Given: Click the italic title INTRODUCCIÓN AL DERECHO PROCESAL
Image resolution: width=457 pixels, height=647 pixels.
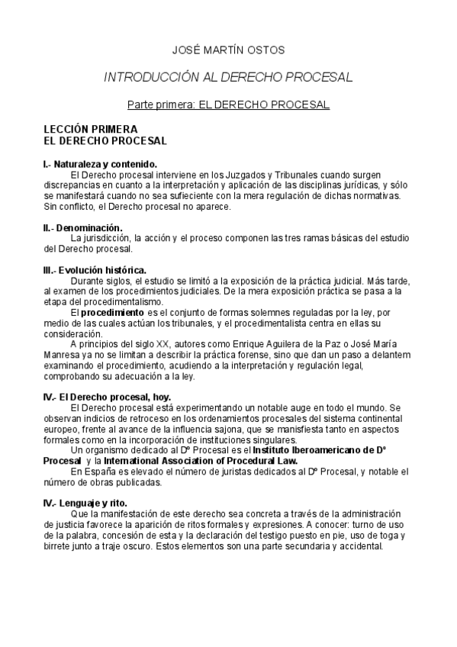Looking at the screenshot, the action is point(227,77).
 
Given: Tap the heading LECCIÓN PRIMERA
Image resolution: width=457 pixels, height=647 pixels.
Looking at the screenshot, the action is point(91,130).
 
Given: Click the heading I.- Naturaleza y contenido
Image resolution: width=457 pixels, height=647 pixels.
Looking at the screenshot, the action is point(100,164).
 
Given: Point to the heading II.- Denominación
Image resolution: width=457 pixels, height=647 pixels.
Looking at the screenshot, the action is point(82,227).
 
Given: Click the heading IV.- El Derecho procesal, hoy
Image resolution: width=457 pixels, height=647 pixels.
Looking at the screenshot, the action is point(107,397).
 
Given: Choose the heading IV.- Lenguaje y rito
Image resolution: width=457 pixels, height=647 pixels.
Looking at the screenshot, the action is point(85,502).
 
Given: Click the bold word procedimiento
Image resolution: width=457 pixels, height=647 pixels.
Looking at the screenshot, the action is point(112,313).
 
